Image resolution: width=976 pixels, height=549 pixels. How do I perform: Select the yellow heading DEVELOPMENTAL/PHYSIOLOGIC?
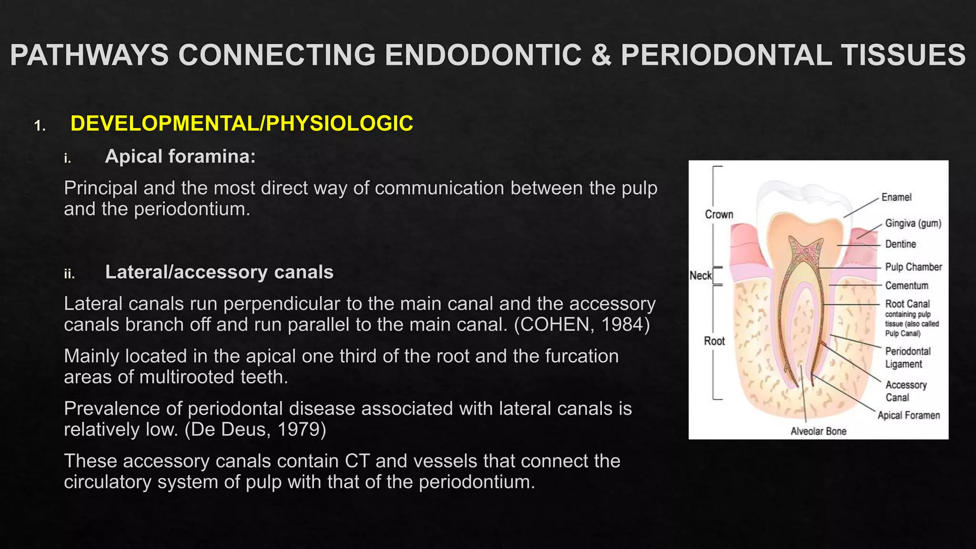point(242,123)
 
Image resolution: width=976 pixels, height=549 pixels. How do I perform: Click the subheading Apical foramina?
point(180,156)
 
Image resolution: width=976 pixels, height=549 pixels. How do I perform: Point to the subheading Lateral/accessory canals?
point(219,272)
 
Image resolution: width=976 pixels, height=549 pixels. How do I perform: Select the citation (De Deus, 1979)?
point(255,429)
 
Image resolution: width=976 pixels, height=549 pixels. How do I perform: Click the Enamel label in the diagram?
point(896,197)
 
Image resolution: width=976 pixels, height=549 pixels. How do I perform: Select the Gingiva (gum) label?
point(913,223)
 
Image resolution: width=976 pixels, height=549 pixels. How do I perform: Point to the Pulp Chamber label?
point(913,267)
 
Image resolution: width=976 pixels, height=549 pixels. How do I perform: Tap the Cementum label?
point(906,285)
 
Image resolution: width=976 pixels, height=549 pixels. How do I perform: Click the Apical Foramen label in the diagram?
point(908,415)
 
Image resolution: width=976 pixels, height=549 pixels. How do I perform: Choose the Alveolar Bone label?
point(818,431)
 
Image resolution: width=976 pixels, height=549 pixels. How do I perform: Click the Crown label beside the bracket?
point(719,214)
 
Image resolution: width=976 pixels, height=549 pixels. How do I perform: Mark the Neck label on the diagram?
point(700,275)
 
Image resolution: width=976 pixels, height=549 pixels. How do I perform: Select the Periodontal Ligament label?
point(907,357)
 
